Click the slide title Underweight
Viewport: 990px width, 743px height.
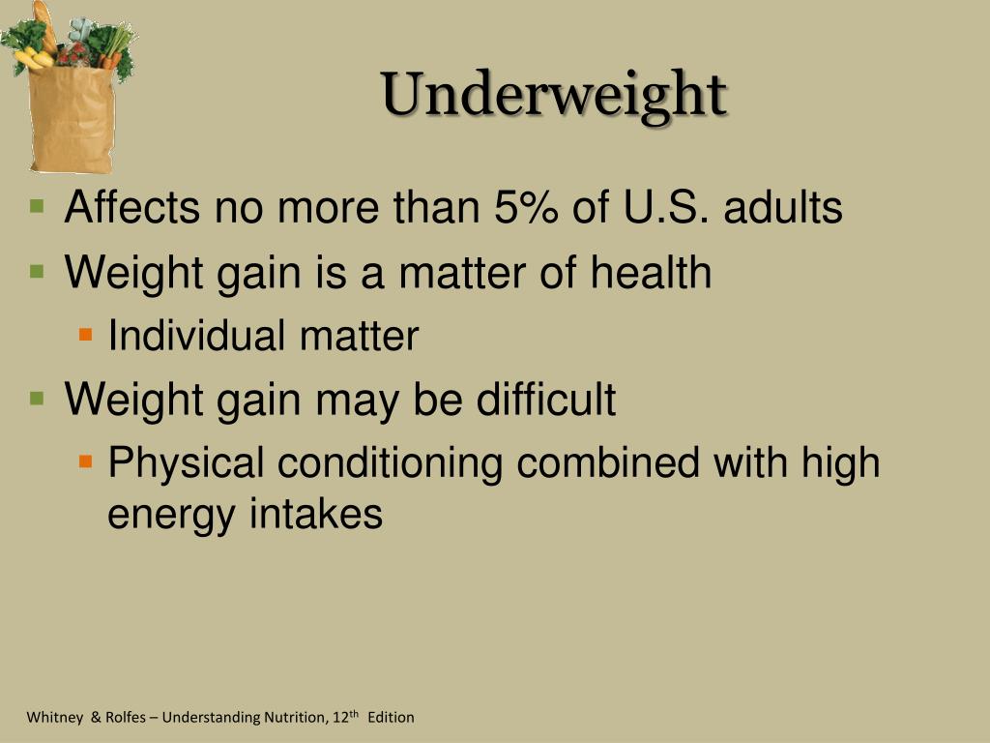pyautogui.click(x=553, y=95)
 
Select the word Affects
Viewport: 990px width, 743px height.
pyautogui.click(x=132, y=208)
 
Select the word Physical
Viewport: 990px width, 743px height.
pyautogui.click(x=186, y=462)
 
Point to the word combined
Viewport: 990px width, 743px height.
pyautogui.click(x=607, y=462)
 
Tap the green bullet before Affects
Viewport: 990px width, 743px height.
pyautogui.click(x=38, y=206)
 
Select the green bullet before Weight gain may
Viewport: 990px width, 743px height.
pyautogui.click(x=38, y=397)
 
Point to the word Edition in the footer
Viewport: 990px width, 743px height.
pyautogui.click(x=391, y=717)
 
